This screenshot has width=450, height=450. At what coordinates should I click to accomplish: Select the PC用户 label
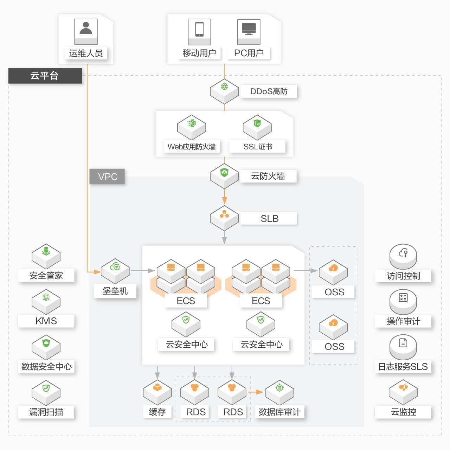tap(249, 53)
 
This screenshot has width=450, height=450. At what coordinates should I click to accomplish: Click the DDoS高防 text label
tap(269, 91)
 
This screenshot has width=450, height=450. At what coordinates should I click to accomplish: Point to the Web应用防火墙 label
tap(192, 147)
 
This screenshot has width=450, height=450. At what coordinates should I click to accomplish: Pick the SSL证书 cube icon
tap(257, 127)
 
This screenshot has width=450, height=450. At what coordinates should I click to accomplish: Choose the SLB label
tap(269, 218)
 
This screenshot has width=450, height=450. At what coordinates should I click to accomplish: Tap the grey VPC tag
tap(107, 176)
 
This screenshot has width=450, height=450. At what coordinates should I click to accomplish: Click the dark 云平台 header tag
tap(45, 76)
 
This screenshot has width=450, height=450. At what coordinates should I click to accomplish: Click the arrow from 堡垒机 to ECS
tap(142, 271)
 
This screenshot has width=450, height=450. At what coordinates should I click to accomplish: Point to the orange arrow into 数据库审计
tap(256, 392)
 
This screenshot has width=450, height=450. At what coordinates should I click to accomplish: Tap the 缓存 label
tap(157, 412)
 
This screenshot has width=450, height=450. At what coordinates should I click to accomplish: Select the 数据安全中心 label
tap(46, 366)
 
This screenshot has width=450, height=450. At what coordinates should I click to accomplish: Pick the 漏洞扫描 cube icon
tap(46, 392)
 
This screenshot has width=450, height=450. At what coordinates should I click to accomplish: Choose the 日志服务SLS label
tap(403, 366)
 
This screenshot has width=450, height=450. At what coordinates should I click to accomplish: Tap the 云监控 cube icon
tap(403, 392)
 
